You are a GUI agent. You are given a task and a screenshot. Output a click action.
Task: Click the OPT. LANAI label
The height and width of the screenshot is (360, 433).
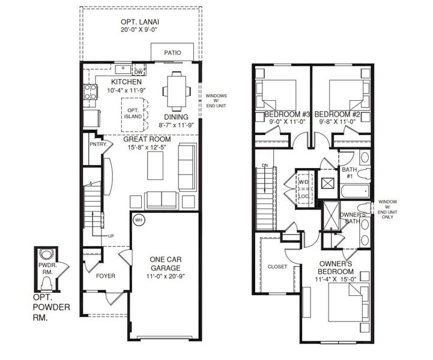pos(139,22)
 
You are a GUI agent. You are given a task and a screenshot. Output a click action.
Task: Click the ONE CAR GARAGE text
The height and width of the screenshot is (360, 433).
pos(165,264)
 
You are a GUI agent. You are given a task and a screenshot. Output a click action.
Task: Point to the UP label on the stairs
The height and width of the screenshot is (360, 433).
pos(111,236)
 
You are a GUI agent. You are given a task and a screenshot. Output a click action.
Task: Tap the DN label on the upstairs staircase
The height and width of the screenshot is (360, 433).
pos(264,166)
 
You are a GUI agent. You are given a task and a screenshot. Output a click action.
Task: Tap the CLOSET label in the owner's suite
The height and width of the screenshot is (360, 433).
pos(277,266)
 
